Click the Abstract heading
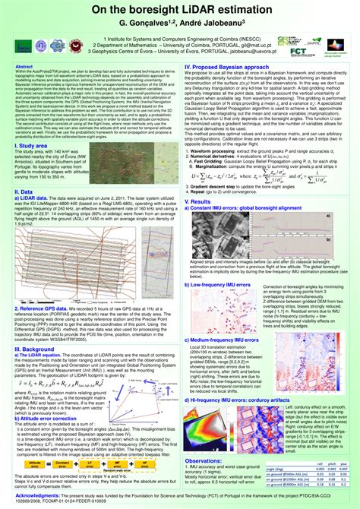point(25,66)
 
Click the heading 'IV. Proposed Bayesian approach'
point(229,67)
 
